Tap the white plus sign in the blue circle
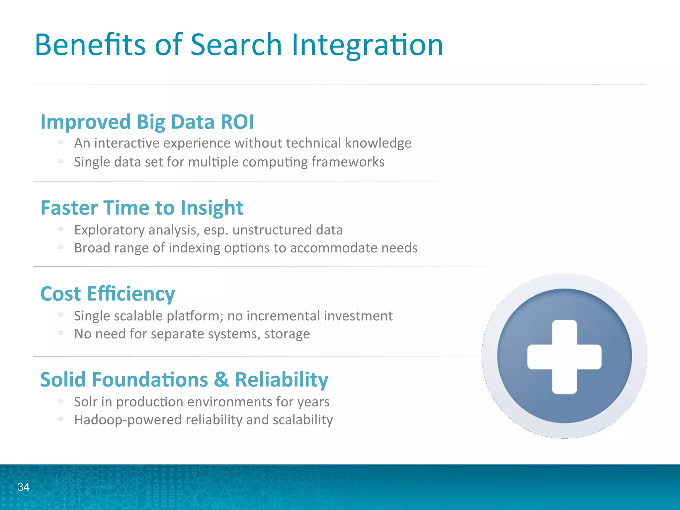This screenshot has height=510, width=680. pyautogui.click(x=564, y=357)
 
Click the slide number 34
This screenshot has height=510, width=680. pyautogui.click(x=23, y=487)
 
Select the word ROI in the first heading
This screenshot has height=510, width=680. pyautogui.click(x=237, y=122)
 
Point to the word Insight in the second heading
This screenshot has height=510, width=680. pyautogui.click(x=212, y=208)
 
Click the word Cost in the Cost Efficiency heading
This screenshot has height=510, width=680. pyautogui.click(x=60, y=294)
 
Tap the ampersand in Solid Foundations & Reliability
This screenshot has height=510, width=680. pyautogui.click(x=221, y=380)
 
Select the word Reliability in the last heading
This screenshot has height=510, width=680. pyautogui.click(x=282, y=380)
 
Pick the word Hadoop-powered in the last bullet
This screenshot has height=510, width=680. pyautogui.click(x=128, y=420)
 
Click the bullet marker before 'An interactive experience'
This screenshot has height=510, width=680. pyautogui.click(x=60, y=142)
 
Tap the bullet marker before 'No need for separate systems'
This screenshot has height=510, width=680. pyautogui.click(x=60, y=333)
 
